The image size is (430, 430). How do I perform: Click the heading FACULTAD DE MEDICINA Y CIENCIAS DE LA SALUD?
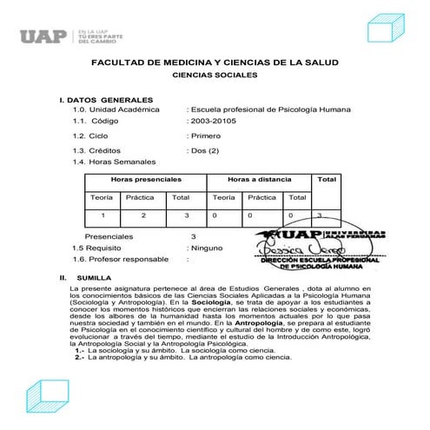tap(215, 64)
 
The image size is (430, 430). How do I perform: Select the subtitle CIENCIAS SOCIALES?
tap(215, 76)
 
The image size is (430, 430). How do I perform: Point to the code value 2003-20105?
tap(211, 122)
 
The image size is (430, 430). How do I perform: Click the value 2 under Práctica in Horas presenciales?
tap(144, 214)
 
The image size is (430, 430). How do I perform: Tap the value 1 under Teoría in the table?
tap(103, 214)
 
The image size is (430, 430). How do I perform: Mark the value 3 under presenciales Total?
tap(186, 214)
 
